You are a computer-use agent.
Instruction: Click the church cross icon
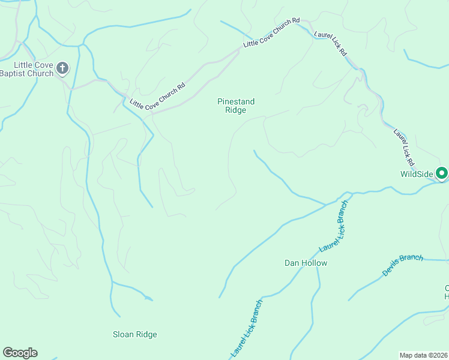coord(62,69)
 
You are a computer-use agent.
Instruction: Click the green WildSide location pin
coord(442,173)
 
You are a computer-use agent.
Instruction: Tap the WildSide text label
coord(417,175)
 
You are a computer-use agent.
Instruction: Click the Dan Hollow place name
coord(306,263)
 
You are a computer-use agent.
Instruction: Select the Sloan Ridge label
coord(135,335)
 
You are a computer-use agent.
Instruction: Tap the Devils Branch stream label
coord(403,265)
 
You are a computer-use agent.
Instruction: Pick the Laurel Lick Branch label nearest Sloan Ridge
coord(247,329)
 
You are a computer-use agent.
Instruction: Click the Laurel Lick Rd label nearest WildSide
coord(404,148)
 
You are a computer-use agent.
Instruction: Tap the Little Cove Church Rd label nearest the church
coord(157,96)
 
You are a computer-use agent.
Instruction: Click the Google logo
coord(20,353)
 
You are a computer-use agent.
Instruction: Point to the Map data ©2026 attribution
coord(423,355)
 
